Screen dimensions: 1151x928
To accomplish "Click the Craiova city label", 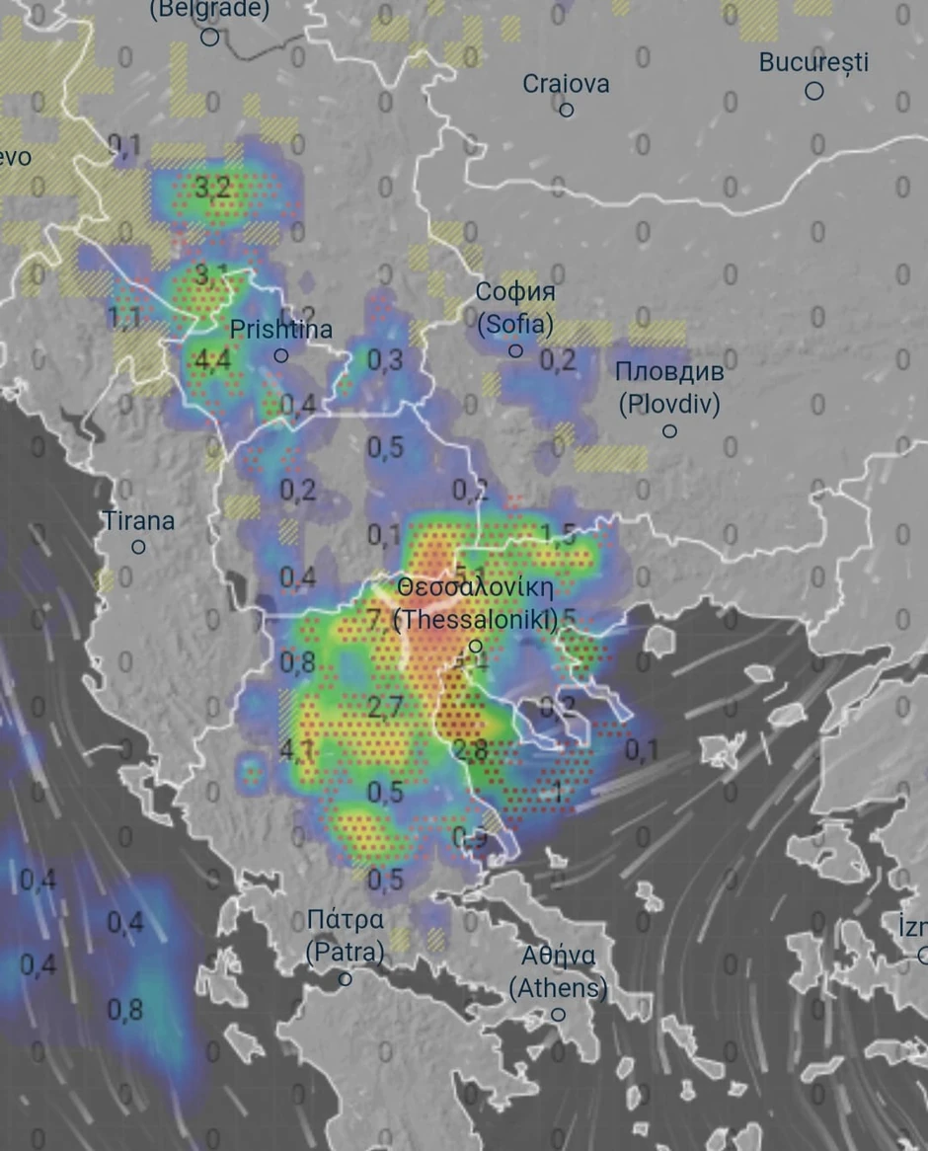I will pos(566,84).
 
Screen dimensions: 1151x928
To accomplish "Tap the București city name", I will pos(813,62).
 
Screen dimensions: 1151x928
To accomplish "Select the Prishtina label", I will pos(280,330).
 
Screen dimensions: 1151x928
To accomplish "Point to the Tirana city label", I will pos(138,520).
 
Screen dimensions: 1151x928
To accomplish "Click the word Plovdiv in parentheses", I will pos(669,404).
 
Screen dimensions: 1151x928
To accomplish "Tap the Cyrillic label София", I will pos(515,292).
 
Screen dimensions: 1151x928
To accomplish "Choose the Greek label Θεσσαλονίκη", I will pos(475,586).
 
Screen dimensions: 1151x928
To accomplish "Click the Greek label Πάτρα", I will pos(345,920).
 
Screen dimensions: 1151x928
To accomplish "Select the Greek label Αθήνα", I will pos(558,956).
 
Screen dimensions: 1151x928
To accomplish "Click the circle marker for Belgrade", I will pos(209,38).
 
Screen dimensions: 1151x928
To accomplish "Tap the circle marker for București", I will pos(814,91).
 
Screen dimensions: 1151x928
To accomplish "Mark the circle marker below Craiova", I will pos(567,110).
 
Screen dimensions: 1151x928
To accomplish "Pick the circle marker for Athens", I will pos(558,1014).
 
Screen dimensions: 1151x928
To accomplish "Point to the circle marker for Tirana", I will pos(138,547).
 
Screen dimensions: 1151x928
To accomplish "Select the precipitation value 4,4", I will pos(212,359).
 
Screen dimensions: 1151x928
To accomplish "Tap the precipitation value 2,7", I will pos(385,707).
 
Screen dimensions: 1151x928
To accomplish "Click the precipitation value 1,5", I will pos(558,536).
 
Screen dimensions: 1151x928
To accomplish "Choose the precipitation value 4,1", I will pos(297,750).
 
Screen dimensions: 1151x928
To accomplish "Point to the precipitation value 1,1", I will pos(124,318).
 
